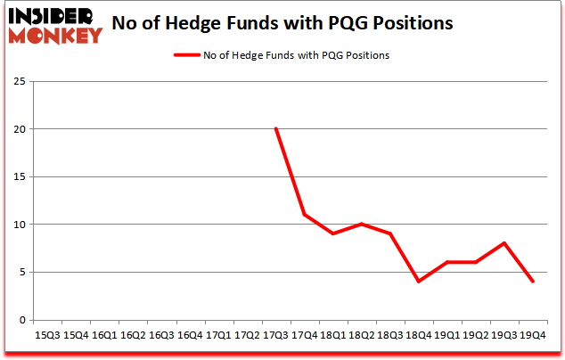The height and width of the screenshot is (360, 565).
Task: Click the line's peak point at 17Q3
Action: pos(275,129)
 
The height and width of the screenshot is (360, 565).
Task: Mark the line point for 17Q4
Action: pos(304,215)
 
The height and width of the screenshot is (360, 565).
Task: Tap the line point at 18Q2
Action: pos(361,225)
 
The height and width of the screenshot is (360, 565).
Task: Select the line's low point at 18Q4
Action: pos(418,282)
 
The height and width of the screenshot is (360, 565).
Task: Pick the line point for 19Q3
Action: pos(504,243)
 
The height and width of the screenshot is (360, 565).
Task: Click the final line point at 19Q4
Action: pos(532,282)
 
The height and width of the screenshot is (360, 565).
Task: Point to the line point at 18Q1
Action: pos(332,233)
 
